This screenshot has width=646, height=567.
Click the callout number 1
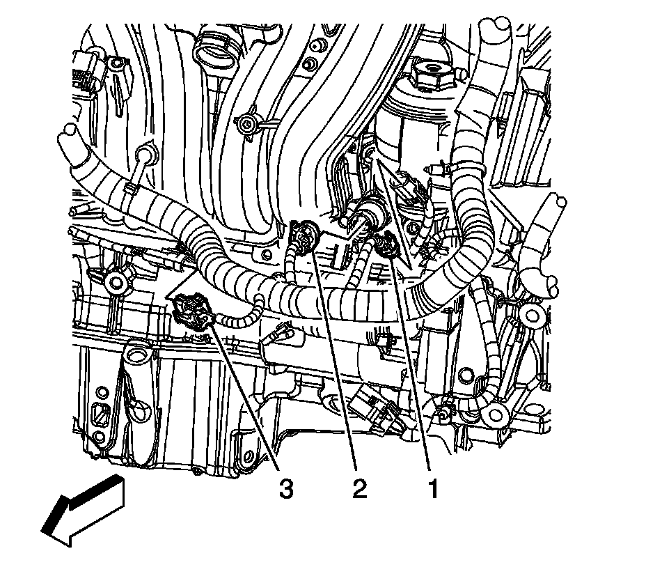tap(433, 489)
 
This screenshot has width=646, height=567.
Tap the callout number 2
tap(359, 489)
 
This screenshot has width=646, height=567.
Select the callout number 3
tap(286, 489)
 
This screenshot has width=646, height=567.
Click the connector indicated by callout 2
tap(305, 237)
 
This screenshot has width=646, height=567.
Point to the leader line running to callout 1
tap(409, 364)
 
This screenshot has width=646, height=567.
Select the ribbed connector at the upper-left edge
tap(88, 72)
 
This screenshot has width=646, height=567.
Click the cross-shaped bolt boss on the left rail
tap(116, 283)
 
